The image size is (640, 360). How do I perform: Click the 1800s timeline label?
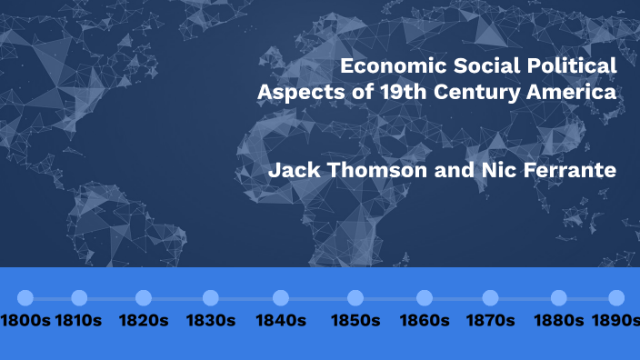tap(25, 321)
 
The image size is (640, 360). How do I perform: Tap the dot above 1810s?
tap(79, 298)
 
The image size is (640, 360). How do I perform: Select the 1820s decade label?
tap(143, 321)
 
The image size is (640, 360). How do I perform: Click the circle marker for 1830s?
tap(211, 298)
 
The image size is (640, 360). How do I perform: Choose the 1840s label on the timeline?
tap(281, 321)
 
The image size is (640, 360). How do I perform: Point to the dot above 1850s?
tap(355, 298)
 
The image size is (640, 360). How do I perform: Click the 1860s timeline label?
tap(425, 321)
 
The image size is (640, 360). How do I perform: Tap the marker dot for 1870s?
tap(491, 298)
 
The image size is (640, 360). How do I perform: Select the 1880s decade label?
tap(559, 321)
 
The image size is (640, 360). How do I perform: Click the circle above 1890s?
tap(616, 298)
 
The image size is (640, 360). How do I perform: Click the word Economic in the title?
tap(386, 66)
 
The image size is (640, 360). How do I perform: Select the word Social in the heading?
tap(475, 66)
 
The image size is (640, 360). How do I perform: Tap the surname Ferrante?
tap(570, 171)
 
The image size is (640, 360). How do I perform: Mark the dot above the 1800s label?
tap(25, 298)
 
